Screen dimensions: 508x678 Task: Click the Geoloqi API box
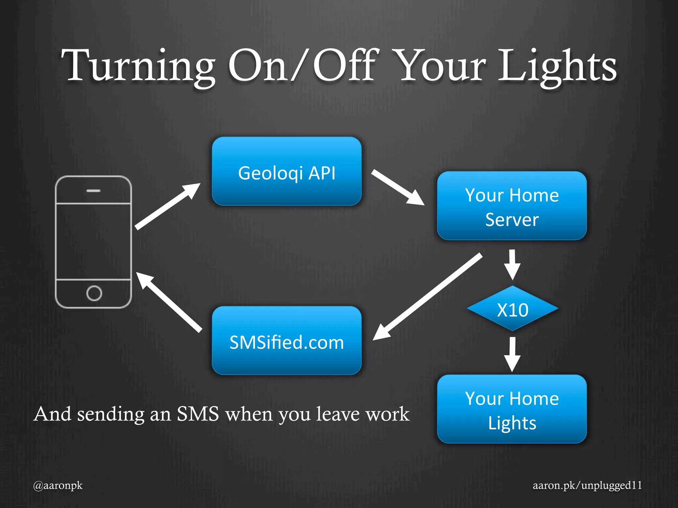287,171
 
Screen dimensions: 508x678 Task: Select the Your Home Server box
512,206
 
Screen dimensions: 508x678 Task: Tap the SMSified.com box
287,341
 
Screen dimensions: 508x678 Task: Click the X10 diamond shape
512,309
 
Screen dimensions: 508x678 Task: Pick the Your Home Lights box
512,409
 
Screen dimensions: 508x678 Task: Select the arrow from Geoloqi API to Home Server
397,187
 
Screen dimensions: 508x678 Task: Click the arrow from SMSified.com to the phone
169,301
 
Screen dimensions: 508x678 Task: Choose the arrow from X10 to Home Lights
512,354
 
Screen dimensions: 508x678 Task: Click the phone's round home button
94,293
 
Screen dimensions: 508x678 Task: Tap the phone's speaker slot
93,191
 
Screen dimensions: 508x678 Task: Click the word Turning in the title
138,66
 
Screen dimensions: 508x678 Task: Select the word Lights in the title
557,66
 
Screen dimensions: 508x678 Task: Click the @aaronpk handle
58,486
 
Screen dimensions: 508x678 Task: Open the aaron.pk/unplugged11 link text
587,485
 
